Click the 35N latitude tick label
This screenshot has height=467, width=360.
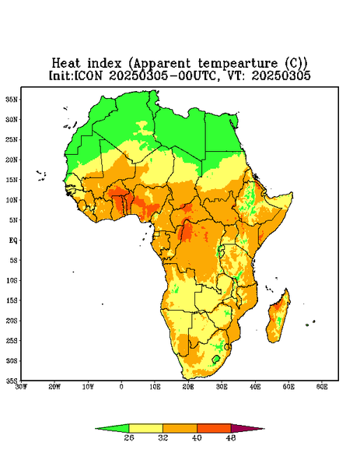pyautogui.click(x=12, y=99)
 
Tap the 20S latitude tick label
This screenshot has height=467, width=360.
pyautogui.click(x=12, y=321)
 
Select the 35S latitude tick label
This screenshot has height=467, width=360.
pyautogui.click(x=12, y=381)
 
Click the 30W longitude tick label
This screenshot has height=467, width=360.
pyautogui.click(x=21, y=387)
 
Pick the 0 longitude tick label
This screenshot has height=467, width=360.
pyautogui.click(x=121, y=387)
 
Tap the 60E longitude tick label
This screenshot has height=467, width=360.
pyautogui.click(x=322, y=387)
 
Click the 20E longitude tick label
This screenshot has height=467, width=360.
pyautogui.click(x=188, y=387)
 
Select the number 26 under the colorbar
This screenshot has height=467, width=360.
pyautogui.click(x=129, y=437)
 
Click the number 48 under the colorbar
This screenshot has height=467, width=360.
pyautogui.click(x=231, y=437)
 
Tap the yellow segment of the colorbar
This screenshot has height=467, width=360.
pyautogui.click(x=145, y=428)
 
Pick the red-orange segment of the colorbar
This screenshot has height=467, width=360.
pyautogui.click(x=214, y=428)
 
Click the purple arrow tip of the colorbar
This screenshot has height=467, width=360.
pyautogui.click(x=264, y=429)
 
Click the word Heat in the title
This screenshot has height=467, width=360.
pyautogui.click(x=66, y=63)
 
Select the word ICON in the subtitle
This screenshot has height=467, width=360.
pyautogui.click(x=88, y=75)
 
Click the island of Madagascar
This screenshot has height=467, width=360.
pyautogui.click(x=278, y=318)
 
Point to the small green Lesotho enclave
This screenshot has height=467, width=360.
pyautogui.click(x=216, y=359)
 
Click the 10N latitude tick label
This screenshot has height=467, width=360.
pyautogui.click(x=12, y=200)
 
